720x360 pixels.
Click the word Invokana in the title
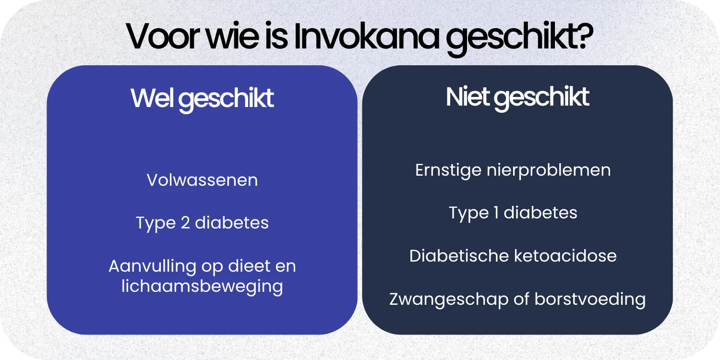(366, 37)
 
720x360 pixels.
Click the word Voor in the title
(158, 37)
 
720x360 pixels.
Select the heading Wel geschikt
(202, 98)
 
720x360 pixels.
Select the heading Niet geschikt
(517, 97)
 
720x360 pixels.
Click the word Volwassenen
(202, 180)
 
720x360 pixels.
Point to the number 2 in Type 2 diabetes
(185, 223)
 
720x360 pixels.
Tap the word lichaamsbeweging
(202, 287)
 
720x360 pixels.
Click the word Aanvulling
(153, 266)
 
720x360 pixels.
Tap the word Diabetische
(458, 255)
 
